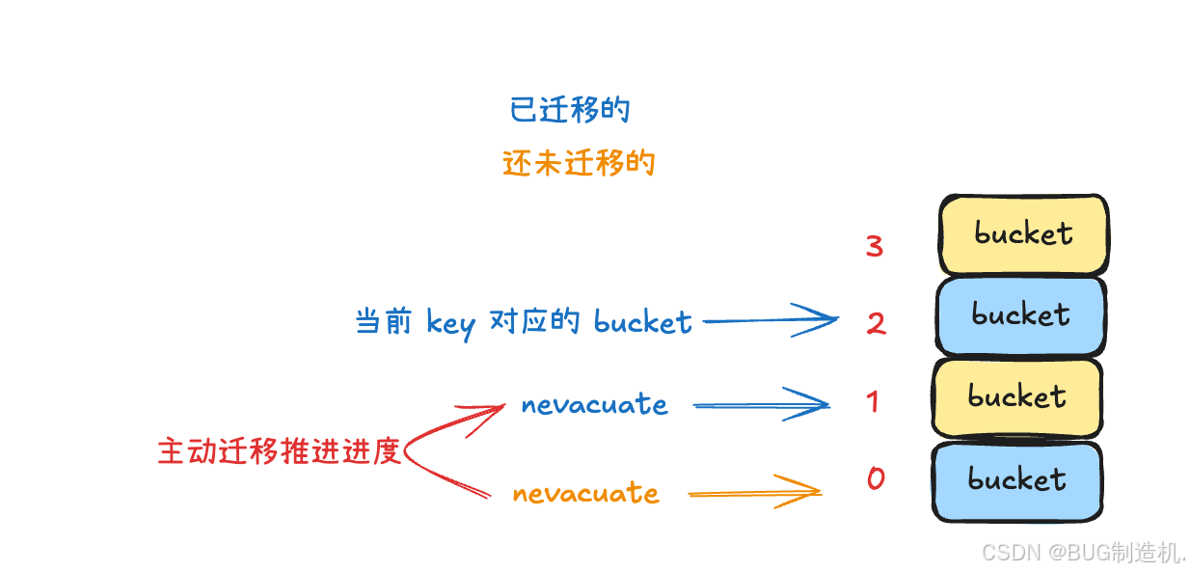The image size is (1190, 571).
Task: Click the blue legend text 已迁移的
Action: tap(569, 110)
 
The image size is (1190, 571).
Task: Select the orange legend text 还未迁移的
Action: tap(578, 163)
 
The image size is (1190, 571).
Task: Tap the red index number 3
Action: tap(875, 246)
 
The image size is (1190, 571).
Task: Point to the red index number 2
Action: tap(876, 323)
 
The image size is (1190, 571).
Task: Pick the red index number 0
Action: tap(876, 478)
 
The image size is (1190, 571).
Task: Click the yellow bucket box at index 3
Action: tap(1022, 234)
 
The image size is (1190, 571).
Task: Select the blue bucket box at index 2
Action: tap(1020, 315)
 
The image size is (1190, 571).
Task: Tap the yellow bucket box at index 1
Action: tap(1017, 397)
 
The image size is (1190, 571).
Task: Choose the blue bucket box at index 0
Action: tap(1017, 480)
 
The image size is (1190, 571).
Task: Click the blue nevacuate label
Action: tap(594, 405)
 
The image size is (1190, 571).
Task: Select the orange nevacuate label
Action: tap(585, 494)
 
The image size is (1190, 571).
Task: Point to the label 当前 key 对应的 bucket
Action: tap(524, 322)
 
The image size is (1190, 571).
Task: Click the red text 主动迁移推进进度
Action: tap(279, 451)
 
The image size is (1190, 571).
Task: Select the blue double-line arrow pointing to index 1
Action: tap(760, 405)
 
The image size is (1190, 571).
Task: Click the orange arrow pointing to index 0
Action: tap(753, 493)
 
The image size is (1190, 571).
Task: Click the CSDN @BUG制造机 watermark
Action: tap(1083, 553)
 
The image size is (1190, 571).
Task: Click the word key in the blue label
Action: tap(450, 324)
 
